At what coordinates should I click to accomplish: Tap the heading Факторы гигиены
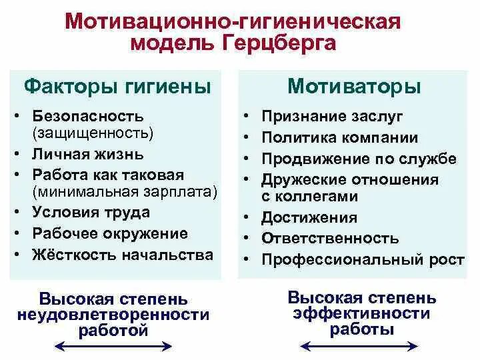117,87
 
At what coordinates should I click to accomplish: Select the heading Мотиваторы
354,87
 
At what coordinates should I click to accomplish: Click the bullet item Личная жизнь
87,154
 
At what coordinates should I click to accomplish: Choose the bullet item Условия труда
91,213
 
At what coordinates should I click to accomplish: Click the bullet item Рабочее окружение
110,233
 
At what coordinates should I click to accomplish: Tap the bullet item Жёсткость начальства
123,255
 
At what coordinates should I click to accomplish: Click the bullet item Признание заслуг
332,117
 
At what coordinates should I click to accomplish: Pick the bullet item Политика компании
339,138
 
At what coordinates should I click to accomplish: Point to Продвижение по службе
359,159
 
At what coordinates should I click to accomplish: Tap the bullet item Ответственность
330,238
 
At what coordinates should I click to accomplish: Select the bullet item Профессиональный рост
362,259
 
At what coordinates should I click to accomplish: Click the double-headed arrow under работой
113,345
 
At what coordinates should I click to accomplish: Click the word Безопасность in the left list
88,117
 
